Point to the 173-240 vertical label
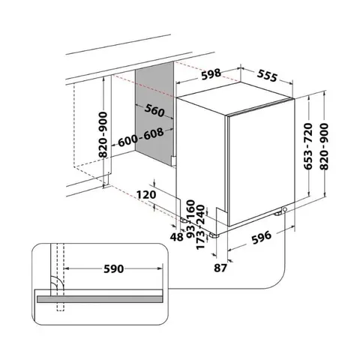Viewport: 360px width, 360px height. click(x=201, y=225)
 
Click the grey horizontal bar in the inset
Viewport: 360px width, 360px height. click(x=97, y=297)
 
